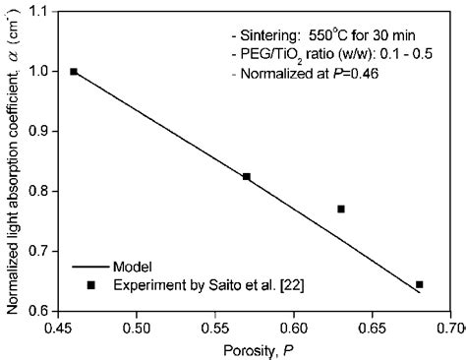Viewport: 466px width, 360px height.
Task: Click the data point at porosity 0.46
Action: coord(74,72)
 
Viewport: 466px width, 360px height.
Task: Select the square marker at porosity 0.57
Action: coord(247,177)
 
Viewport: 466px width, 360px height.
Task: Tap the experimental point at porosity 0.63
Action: coord(341,209)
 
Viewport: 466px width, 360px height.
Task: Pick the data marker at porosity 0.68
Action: coord(420,284)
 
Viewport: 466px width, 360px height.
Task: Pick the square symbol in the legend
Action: coord(91,285)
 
